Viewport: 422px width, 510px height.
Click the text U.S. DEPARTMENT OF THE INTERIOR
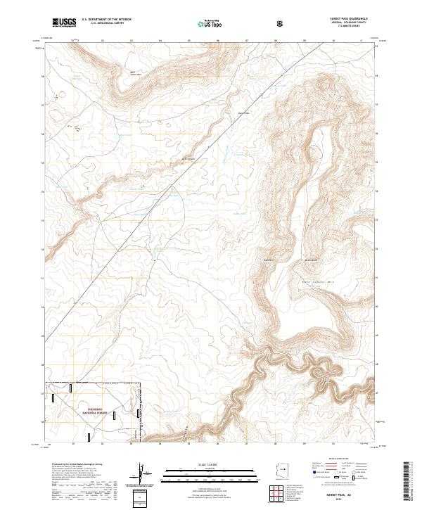click(105, 20)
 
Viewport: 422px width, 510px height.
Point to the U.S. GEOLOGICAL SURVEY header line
click(103, 25)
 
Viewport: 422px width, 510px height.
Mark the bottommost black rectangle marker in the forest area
click(89, 437)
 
